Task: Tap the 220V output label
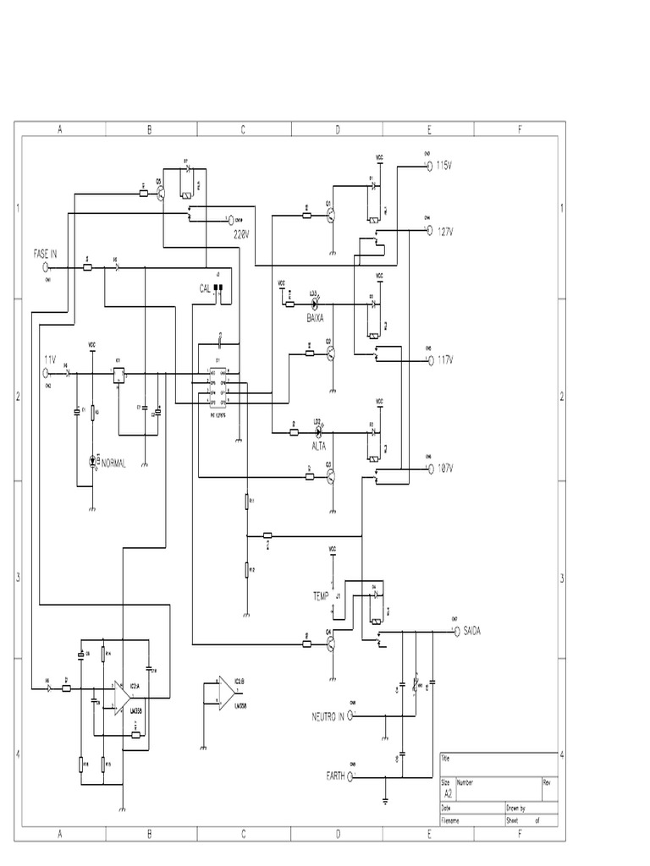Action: pyautogui.click(x=243, y=233)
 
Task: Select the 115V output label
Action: pyautogui.click(x=445, y=166)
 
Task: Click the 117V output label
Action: pyautogui.click(x=445, y=359)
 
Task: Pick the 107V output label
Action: pyautogui.click(x=445, y=468)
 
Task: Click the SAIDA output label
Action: pyautogui.click(x=474, y=630)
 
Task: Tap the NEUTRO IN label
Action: pyautogui.click(x=328, y=715)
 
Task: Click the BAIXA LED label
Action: pyautogui.click(x=316, y=317)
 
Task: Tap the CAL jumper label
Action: pyautogui.click(x=205, y=288)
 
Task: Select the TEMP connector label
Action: pyautogui.click(x=321, y=596)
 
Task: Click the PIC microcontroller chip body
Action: pyautogui.click(x=218, y=385)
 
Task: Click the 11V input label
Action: pyautogui.click(x=50, y=359)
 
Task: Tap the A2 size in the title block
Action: pyautogui.click(x=447, y=794)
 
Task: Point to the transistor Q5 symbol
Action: pyautogui.click(x=161, y=193)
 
